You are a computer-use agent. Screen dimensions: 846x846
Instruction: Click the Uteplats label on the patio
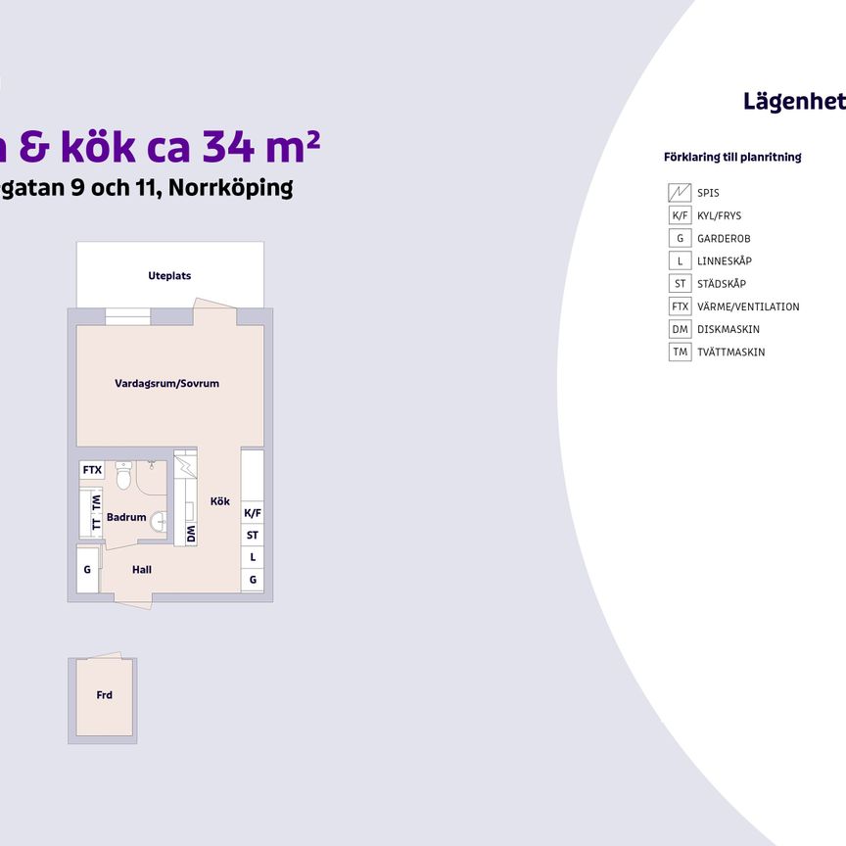pos(169,276)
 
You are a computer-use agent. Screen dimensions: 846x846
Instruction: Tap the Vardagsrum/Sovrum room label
pos(166,384)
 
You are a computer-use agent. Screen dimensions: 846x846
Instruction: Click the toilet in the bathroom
pos(123,478)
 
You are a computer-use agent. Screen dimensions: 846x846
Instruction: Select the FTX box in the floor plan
pos(92,470)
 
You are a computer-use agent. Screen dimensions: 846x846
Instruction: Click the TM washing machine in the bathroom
pos(96,503)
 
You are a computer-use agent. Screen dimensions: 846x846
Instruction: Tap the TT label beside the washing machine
pos(96,523)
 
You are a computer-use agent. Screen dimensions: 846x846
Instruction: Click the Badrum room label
pos(126,518)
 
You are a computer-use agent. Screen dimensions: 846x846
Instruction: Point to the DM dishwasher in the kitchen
pos(191,535)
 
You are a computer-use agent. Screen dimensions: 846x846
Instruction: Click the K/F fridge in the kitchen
pos(253,513)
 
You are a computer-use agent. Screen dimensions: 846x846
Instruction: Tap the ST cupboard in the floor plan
pos(253,536)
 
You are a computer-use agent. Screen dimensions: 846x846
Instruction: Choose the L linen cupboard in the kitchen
pos(253,557)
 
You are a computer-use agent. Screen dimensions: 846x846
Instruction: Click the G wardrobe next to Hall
pos(87,570)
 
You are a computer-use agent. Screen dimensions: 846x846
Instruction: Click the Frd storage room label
pos(104,695)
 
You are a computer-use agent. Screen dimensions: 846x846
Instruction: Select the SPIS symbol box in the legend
pos(680,193)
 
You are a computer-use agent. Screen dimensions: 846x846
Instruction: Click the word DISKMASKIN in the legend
pos(728,330)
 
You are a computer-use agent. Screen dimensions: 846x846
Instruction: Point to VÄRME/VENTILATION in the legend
pos(748,306)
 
